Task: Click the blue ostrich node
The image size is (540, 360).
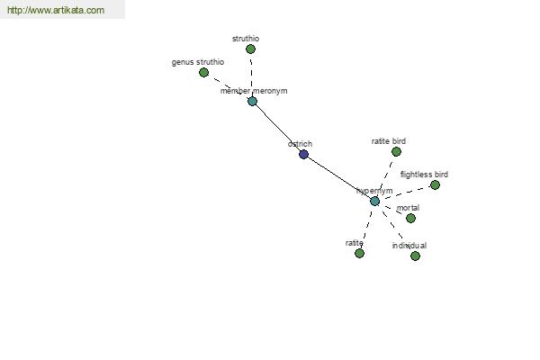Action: click(303, 154)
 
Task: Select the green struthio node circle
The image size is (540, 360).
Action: click(251, 49)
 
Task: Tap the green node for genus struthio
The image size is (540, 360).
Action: click(204, 73)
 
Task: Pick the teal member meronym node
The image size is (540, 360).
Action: click(252, 102)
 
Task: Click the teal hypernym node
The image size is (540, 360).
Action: click(375, 202)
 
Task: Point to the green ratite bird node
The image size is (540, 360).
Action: click(396, 151)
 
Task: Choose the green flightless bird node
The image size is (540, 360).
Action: click(436, 185)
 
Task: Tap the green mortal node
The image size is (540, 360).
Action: click(411, 218)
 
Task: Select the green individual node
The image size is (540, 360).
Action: click(415, 256)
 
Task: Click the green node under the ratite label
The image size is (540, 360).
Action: click(359, 254)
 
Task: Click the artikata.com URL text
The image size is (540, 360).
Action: click(56, 10)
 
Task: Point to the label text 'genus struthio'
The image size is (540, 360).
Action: click(198, 62)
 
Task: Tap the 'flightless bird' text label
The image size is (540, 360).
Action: click(424, 175)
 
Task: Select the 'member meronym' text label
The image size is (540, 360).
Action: click(254, 91)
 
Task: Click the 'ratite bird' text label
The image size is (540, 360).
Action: click(389, 141)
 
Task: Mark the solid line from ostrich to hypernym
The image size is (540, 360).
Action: click(339, 178)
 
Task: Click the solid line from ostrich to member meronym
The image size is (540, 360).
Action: click(278, 128)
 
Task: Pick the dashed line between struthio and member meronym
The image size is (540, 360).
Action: click(251, 75)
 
